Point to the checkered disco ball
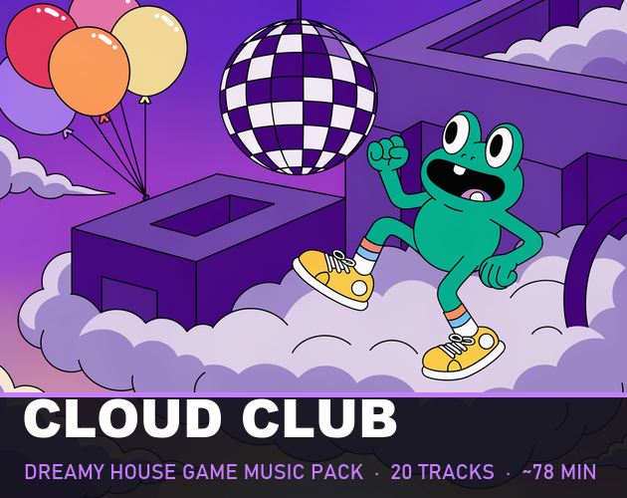pyautogui.click(x=298, y=97)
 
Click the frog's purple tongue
pyautogui.click(x=475, y=195)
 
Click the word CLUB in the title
pyautogui.click(x=318, y=418)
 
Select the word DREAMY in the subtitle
pyautogui.click(x=65, y=471)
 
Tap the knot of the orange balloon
pyautogui.click(x=104, y=119)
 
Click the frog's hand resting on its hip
pyautogui.click(x=498, y=272)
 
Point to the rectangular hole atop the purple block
pyautogui.click(x=212, y=215)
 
